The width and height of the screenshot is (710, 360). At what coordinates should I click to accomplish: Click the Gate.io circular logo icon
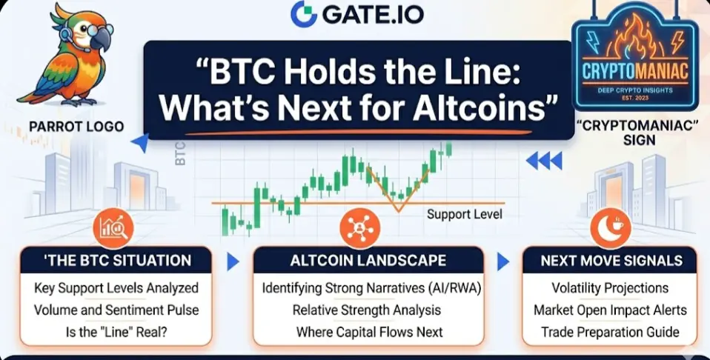(x=304, y=14)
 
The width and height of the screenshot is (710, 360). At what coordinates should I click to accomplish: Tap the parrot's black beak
(x=102, y=40)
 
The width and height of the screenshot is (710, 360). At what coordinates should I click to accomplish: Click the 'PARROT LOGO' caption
(x=76, y=127)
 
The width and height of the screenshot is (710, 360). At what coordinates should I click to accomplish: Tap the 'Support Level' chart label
(x=465, y=214)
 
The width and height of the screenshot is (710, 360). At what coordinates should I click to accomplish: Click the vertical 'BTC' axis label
(x=180, y=154)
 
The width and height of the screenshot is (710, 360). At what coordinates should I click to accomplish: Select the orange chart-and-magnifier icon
(x=113, y=228)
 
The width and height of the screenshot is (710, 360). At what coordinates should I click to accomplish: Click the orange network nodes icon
(x=360, y=228)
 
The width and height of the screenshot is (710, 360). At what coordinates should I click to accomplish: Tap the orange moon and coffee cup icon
(x=611, y=228)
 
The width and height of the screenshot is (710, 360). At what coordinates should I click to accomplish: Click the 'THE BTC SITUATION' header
(x=117, y=261)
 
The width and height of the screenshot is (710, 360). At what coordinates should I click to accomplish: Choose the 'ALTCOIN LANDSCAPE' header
(x=368, y=261)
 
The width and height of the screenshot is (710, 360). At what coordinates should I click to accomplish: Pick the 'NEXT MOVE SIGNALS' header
(x=611, y=261)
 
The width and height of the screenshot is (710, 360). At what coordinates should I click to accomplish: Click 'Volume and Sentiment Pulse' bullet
(x=116, y=310)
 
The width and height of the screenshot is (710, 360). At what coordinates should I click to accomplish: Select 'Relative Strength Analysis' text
(x=367, y=310)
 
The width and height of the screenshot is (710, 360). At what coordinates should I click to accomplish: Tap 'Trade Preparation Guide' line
(x=611, y=332)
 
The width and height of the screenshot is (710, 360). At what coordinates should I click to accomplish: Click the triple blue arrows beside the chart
(x=544, y=160)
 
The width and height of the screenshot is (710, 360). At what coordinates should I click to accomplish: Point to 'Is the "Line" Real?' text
(x=116, y=332)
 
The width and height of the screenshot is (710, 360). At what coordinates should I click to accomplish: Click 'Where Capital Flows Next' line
(x=369, y=332)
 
